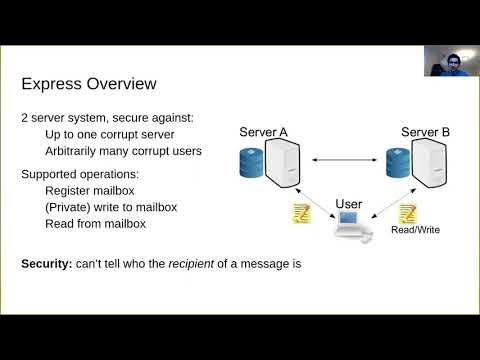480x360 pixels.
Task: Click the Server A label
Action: (264, 131)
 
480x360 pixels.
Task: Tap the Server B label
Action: (425, 131)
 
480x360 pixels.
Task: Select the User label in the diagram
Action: (349, 204)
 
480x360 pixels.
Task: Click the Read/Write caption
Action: (415, 229)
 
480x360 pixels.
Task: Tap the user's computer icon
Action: (353, 227)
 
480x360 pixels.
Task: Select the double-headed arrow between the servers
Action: (348, 159)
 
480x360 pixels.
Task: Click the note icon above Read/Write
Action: (408, 212)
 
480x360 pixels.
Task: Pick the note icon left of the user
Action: (300, 212)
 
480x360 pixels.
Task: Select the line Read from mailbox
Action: (96, 223)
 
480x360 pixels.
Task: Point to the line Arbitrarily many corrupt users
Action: (123, 151)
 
